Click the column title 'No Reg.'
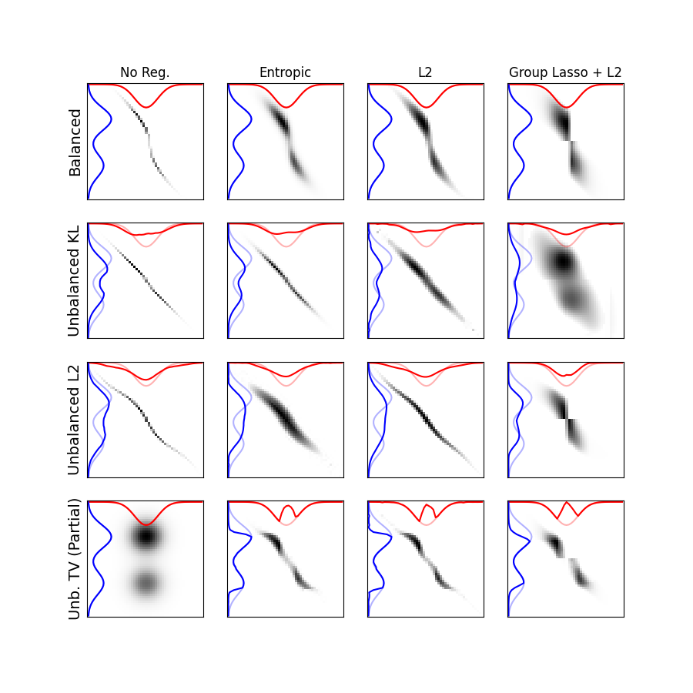[145, 73]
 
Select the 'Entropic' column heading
[285, 73]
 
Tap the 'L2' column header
[425, 73]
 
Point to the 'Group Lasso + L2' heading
[565, 73]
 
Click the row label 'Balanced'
[75, 142]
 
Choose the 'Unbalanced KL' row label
[75, 280]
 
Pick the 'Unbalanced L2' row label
[75, 420]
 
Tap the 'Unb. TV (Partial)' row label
[75, 559]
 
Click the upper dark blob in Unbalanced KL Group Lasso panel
[563, 262]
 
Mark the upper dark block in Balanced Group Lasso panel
[563, 123]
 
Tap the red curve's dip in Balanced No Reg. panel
[145, 107]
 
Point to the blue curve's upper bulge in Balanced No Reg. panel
[111, 119]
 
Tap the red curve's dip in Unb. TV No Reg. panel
[146, 524]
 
